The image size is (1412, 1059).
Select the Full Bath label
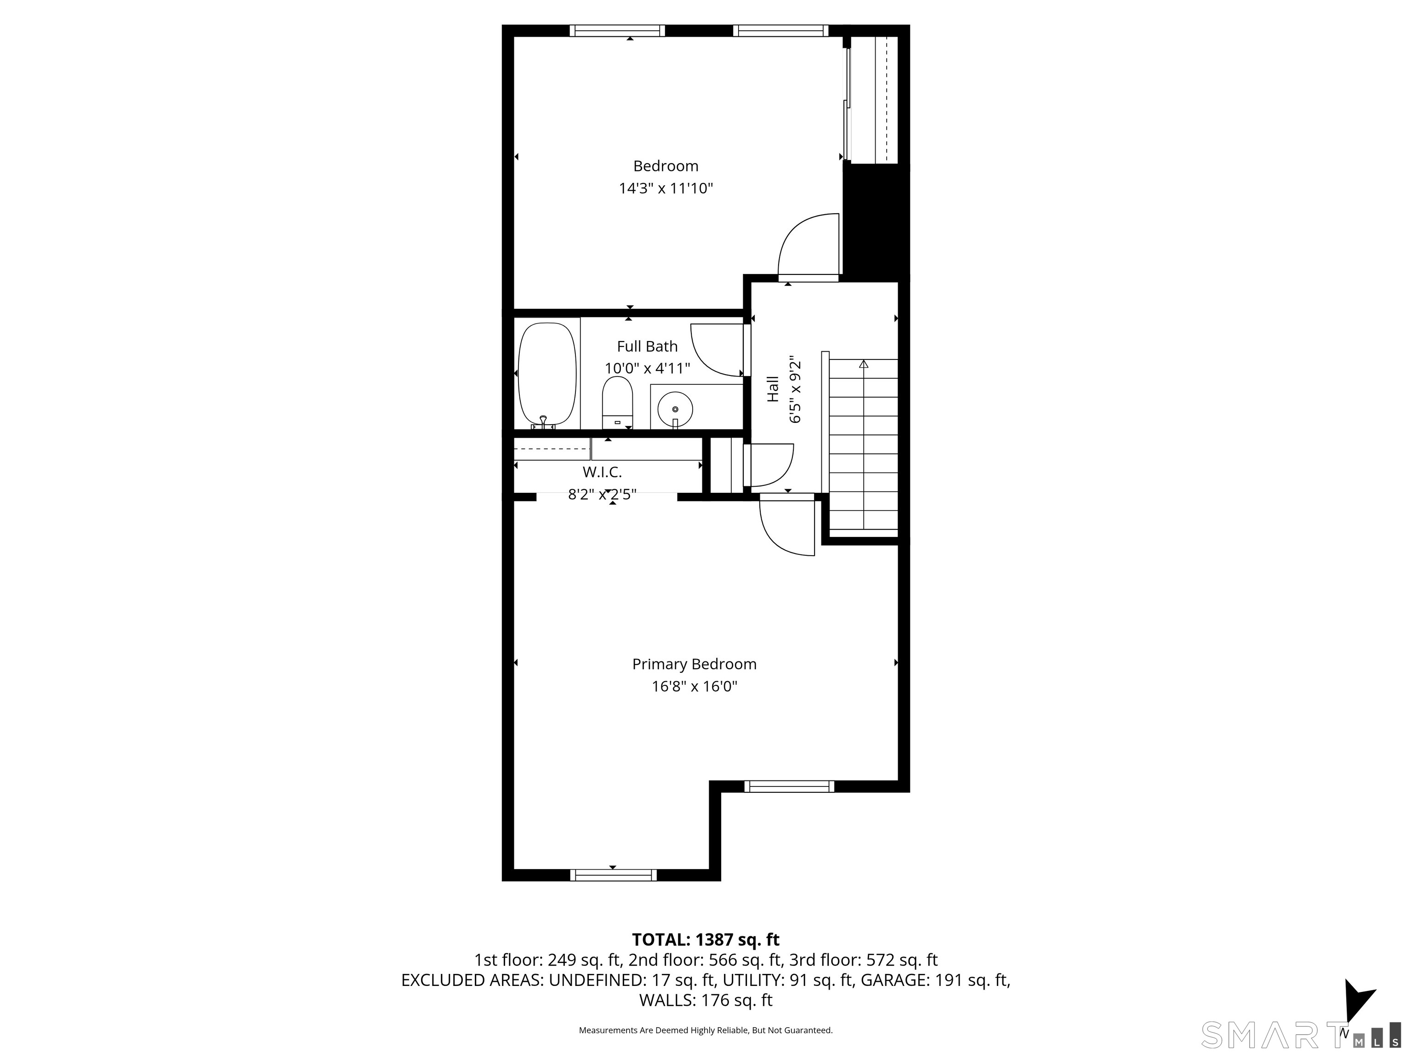coord(647,346)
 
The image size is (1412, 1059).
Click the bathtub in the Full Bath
coord(547,376)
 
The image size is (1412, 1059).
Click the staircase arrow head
coord(864,364)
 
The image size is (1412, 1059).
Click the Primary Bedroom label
coord(694,664)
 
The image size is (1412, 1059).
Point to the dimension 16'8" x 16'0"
coord(694,686)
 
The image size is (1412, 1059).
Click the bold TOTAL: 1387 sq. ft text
coord(706,939)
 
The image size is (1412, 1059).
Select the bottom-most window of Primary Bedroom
coord(613,875)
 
